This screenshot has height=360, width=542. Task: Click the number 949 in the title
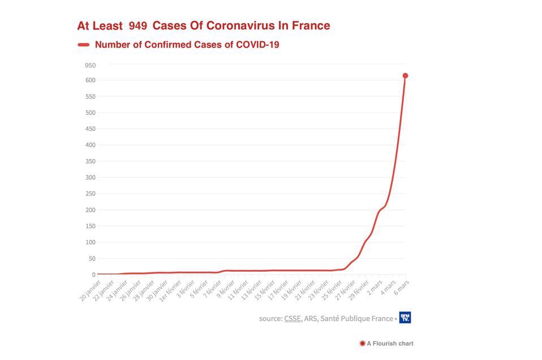tap(137, 25)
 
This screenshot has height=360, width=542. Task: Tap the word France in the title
tap(310, 25)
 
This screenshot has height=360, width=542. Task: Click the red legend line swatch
tap(84, 45)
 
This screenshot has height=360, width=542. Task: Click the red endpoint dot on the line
tap(405, 76)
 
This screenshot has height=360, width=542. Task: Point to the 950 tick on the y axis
tap(90, 65)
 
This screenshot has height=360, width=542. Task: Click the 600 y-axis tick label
tap(90, 80)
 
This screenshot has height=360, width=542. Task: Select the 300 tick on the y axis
tap(90, 178)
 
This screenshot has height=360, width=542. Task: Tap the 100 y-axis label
tap(90, 242)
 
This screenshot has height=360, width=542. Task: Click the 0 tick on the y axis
tap(93, 275)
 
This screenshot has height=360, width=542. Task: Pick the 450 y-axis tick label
tap(90, 129)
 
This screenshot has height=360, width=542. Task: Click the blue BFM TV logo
tap(405, 318)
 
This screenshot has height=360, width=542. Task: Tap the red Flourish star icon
tap(362, 343)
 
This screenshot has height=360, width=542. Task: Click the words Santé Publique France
tap(356, 319)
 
